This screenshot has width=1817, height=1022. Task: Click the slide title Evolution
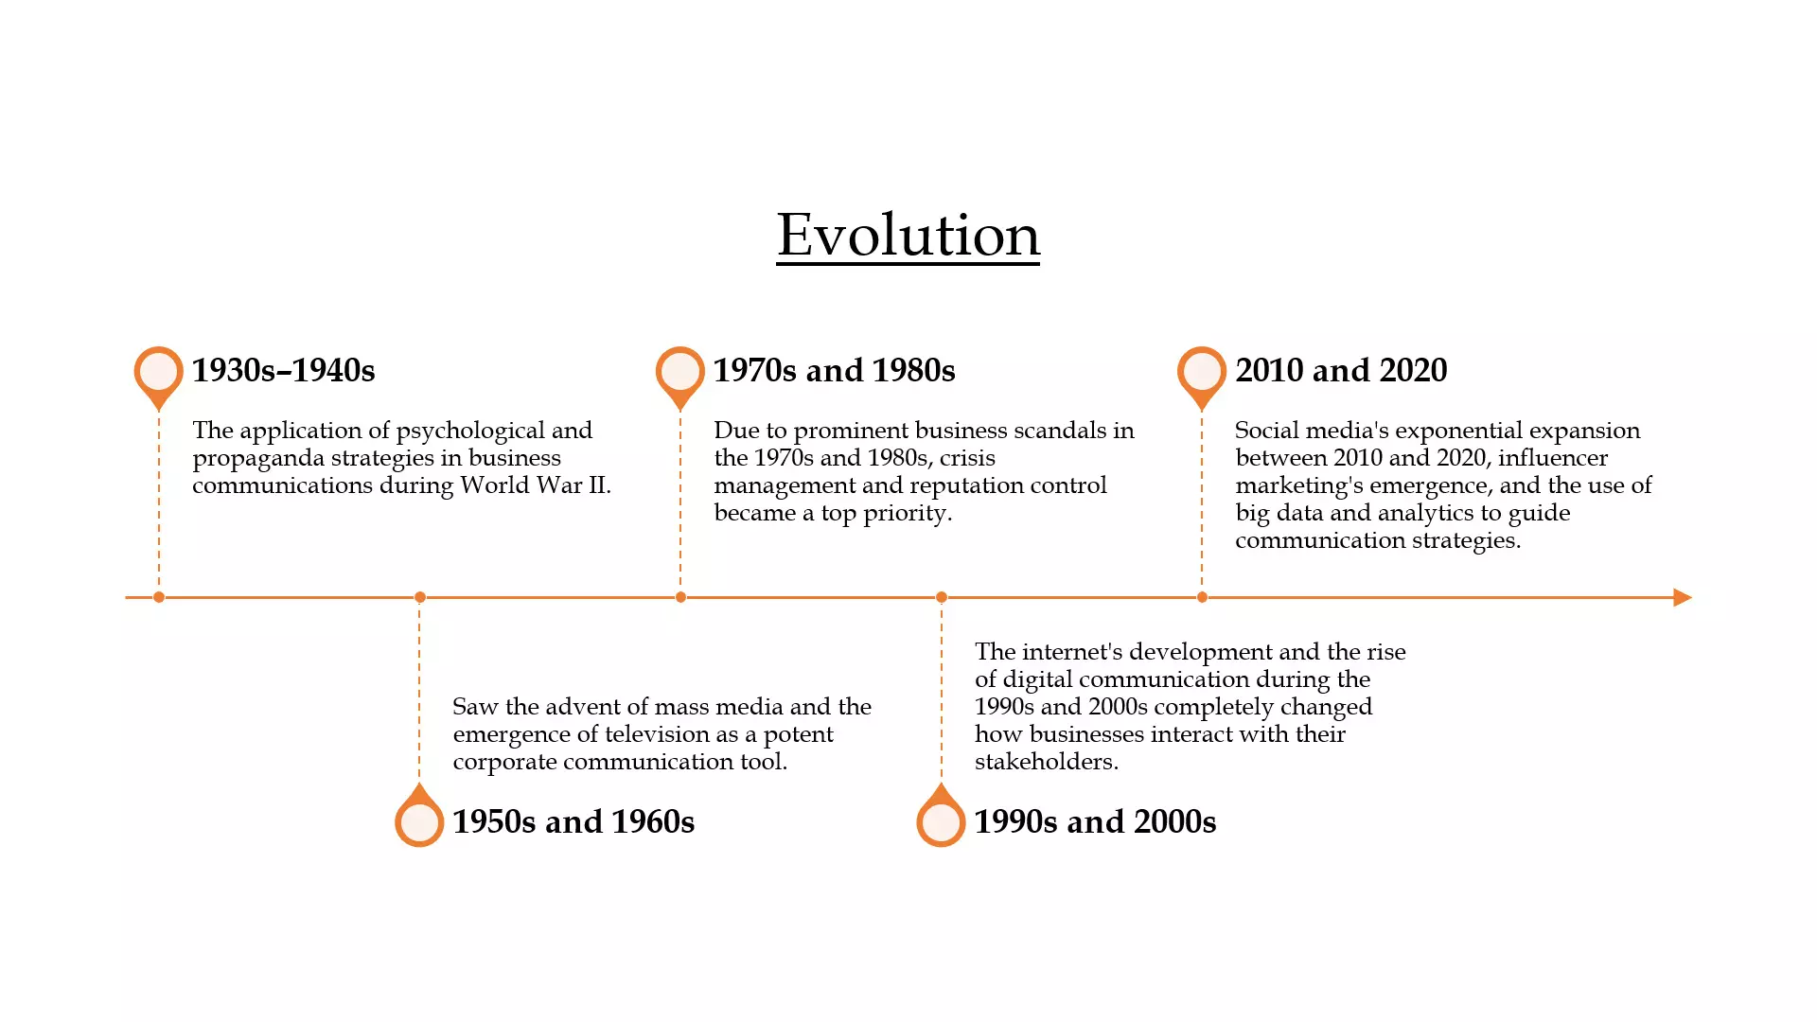(x=908, y=235)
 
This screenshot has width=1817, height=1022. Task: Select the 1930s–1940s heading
(x=283, y=370)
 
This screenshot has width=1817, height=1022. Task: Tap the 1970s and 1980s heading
(x=834, y=370)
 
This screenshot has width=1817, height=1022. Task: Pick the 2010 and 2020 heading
(x=1341, y=370)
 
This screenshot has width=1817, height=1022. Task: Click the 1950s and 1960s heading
(x=573, y=821)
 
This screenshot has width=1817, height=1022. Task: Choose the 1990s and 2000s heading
(x=1095, y=821)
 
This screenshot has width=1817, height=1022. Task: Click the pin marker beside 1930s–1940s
(x=159, y=377)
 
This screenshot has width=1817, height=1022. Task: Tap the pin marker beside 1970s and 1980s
(x=680, y=377)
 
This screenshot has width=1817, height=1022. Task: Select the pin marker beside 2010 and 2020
(x=1202, y=377)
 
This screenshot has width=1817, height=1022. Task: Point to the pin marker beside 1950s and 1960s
(x=419, y=817)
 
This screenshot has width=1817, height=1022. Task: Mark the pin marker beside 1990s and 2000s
(x=941, y=817)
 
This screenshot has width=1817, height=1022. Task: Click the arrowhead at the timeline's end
(x=1683, y=597)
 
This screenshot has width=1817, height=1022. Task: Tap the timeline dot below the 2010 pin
(x=1202, y=597)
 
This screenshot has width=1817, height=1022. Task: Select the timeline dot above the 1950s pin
(x=420, y=597)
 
